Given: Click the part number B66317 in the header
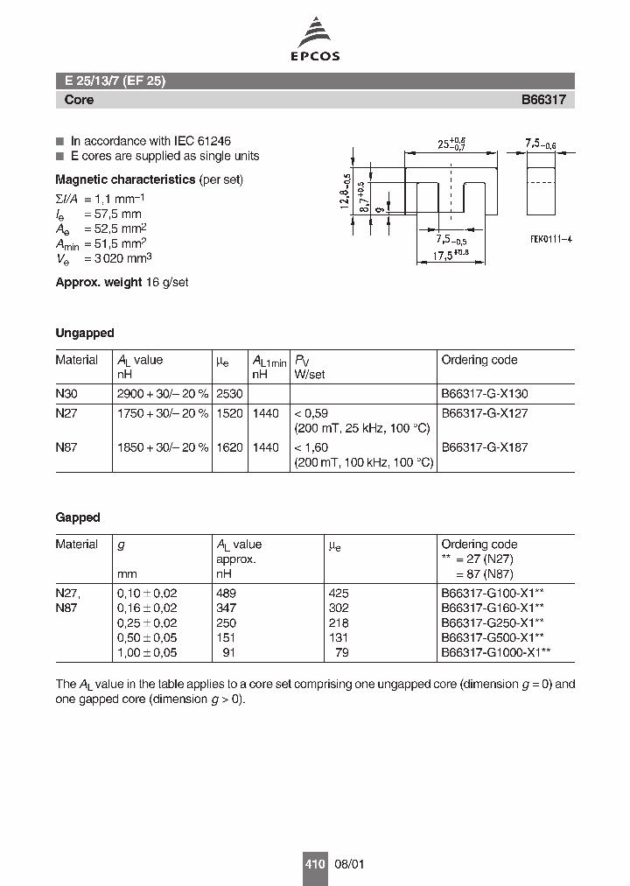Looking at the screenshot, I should tap(543, 100).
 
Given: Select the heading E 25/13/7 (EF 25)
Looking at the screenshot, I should tap(115, 81).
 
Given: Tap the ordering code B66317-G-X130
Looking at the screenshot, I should tap(485, 394).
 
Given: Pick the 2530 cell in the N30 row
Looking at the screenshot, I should tap(229, 394).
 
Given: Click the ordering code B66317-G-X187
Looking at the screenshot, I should tap(485, 447).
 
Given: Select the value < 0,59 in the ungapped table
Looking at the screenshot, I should tap(311, 413).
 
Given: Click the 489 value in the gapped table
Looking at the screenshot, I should tap(226, 593).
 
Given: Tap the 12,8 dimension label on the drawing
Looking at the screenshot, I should tap(346, 188).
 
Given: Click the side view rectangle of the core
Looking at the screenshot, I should tap(542, 184).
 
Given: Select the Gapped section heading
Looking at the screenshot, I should tap(78, 517).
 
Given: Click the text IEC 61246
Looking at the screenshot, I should tap(200, 141).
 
